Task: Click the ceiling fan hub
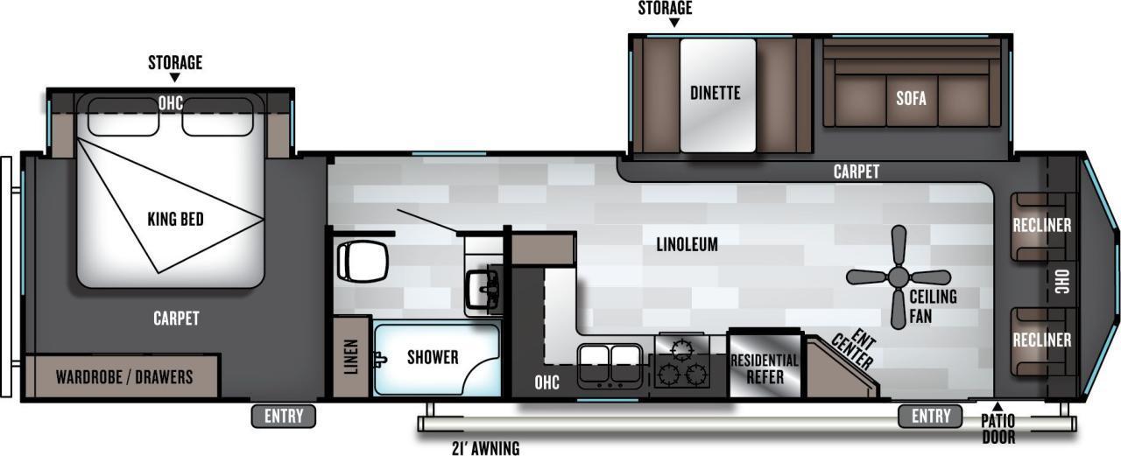[899, 277]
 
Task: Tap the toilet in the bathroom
[363, 261]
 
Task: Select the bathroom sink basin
[484, 290]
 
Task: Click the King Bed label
[176, 219]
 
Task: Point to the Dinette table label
[716, 93]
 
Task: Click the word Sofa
[911, 98]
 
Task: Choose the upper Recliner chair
[1042, 227]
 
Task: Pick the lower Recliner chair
[1042, 341]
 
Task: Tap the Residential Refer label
[765, 368]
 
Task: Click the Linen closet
[351, 357]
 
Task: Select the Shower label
[433, 357]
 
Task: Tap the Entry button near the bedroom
[284, 416]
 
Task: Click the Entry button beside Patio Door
[930, 416]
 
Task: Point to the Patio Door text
[998, 429]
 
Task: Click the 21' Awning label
[485, 448]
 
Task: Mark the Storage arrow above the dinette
[674, 23]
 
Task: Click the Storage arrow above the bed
[174, 78]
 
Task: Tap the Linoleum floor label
[687, 244]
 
